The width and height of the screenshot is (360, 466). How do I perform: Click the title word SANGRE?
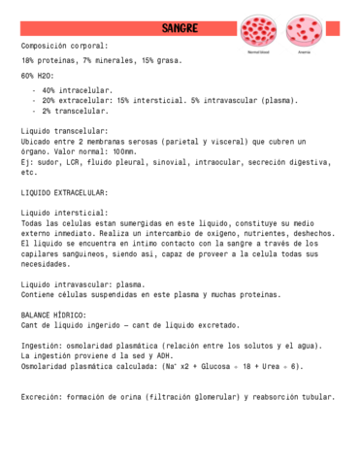click(x=180, y=28)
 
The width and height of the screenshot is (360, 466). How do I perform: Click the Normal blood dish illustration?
click(x=258, y=31)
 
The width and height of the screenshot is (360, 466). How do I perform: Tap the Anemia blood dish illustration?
click(x=305, y=31)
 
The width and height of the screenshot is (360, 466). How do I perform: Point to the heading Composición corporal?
click(x=65, y=45)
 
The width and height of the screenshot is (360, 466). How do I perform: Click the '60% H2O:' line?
click(x=40, y=76)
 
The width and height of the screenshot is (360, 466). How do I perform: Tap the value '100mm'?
click(x=124, y=151)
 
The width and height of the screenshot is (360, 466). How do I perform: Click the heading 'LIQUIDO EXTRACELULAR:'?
click(x=64, y=192)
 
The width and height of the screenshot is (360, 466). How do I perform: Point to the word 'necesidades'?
click(x=46, y=263)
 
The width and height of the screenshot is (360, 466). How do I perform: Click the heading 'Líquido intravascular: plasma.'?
click(x=82, y=283)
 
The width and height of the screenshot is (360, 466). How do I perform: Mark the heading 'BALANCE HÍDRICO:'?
click(x=53, y=315)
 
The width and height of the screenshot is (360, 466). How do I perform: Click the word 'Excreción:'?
click(x=43, y=397)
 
